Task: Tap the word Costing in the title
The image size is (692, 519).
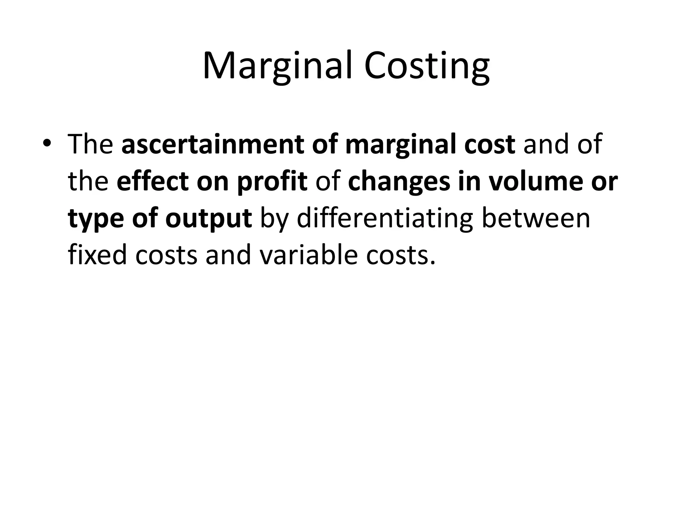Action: point(426,66)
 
